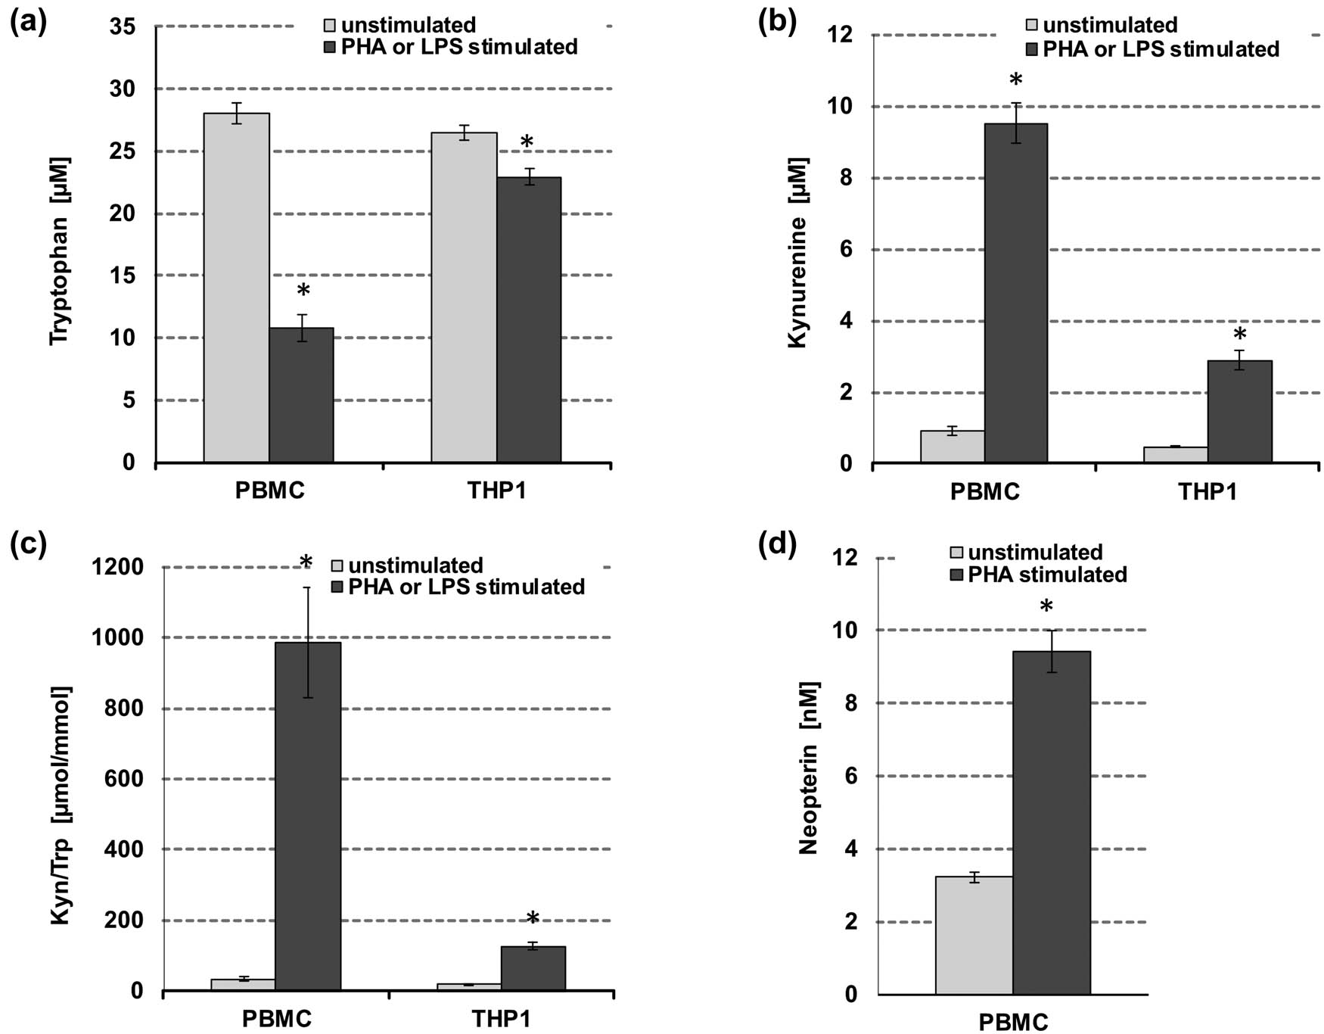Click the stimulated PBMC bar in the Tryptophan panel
coord(301,394)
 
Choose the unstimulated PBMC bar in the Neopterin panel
coord(974,935)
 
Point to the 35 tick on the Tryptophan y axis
coord(123,27)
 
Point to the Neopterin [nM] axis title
coord(809,768)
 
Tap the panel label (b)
coord(777,23)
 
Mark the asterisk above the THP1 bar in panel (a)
coord(527,143)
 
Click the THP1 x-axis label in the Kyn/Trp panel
coord(501,1018)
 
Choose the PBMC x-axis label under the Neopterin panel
coord(1013,1023)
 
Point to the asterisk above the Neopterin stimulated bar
coord(1046,607)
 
